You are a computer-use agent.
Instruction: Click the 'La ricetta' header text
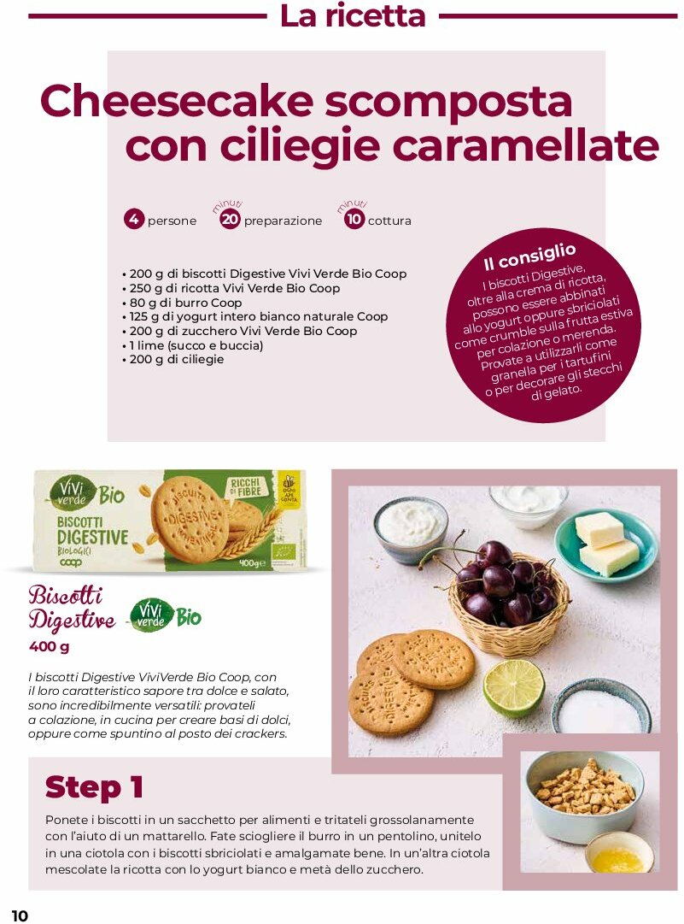tap(353, 16)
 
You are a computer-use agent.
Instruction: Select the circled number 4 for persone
tap(133, 220)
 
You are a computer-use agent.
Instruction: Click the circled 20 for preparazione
tap(230, 220)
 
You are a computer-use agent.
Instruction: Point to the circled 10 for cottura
tap(354, 220)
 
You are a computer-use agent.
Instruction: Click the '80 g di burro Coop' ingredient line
tap(185, 303)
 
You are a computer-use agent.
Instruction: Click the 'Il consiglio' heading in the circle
tap(529, 256)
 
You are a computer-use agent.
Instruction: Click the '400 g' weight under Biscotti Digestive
tap(50, 646)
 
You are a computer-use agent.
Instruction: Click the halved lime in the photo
tap(513, 687)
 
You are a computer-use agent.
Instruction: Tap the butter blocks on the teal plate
tap(606, 544)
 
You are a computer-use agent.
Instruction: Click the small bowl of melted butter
tap(619, 852)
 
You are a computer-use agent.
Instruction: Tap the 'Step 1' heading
tap(94, 787)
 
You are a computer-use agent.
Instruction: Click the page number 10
tap(20, 915)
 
